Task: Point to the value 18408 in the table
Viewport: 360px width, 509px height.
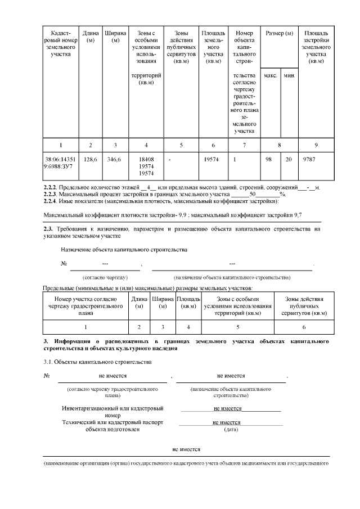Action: [146, 160]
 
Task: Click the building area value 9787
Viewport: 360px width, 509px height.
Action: [310, 160]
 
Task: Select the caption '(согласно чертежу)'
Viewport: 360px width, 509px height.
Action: [105, 277]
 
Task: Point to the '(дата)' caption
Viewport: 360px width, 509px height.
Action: [232, 430]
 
